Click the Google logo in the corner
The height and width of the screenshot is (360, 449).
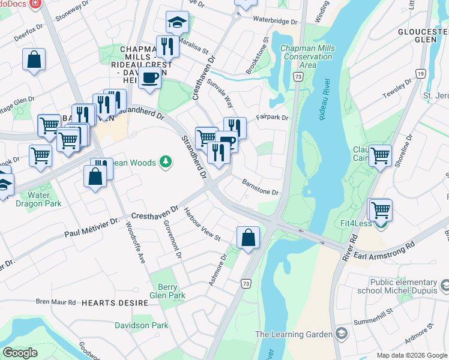tap(20, 353)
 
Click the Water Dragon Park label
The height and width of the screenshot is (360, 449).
tap(40, 199)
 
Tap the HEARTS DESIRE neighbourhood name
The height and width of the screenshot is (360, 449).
tap(115, 304)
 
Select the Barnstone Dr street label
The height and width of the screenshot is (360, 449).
tap(260, 187)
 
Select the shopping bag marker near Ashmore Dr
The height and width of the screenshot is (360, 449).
tap(248, 238)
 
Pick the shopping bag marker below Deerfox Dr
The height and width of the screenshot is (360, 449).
tap(34, 60)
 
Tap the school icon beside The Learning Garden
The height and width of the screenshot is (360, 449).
tap(341, 334)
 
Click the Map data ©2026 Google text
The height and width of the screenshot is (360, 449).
tap(411, 355)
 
